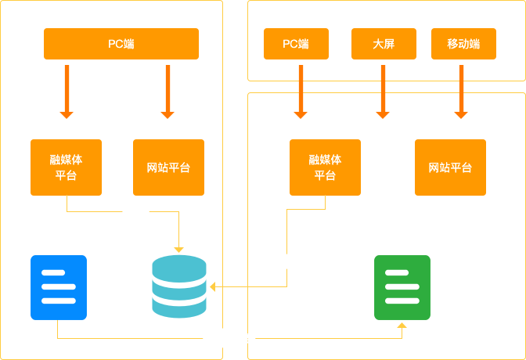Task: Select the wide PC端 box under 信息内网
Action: [x=121, y=44]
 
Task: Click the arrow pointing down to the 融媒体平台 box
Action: [x=67, y=92]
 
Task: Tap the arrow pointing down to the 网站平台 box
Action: [x=167, y=92]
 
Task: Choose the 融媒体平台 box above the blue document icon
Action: [x=66, y=167]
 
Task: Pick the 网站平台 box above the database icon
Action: [x=168, y=167]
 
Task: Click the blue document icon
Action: [x=59, y=287]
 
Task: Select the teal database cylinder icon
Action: [x=179, y=286]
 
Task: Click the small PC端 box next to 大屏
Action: [x=296, y=44]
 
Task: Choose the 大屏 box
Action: [x=384, y=44]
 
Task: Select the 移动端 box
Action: [x=463, y=44]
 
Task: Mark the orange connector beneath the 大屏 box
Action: [x=383, y=92]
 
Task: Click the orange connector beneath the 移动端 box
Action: [x=461, y=92]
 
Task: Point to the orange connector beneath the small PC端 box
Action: [x=301, y=92]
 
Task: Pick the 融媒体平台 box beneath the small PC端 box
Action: [x=325, y=167]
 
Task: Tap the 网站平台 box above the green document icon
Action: [x=450, y=167]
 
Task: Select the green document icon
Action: [x=402, y=287]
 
